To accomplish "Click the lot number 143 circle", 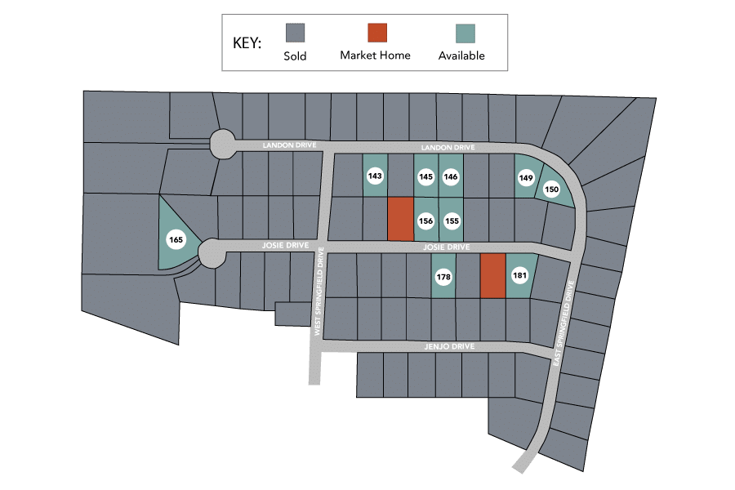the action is click(x=375, y=176).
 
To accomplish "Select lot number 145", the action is click(x=425, y=176).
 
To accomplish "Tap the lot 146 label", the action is click(x=451, y=176).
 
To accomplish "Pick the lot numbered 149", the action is click(x=526, y=178).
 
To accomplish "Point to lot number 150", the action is click(x=552, y=189).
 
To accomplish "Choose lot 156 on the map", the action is click(x=425, y=220).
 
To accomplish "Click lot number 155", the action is click(x=452, y=220).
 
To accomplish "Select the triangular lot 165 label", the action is click(x=176, y=239).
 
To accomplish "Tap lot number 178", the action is click(x=443, y=277).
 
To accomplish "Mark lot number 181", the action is click(x=520, y=275).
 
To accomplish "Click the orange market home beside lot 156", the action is click(x=401, y=219).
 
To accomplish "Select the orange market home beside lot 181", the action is click(x=493, y=276).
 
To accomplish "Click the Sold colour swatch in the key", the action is click(x=296, y=33).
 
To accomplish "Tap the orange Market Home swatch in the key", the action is click(x=377, y=33).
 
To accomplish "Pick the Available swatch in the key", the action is click(x=465, y=33).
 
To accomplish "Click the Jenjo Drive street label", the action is click(x=449, y=346).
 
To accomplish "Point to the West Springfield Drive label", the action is click(x=318, y=292).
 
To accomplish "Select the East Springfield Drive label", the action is click(x=563, y=323).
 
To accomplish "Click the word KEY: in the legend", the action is click(x=247, y=42).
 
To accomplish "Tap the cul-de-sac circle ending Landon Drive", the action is click(x=223, y=144).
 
